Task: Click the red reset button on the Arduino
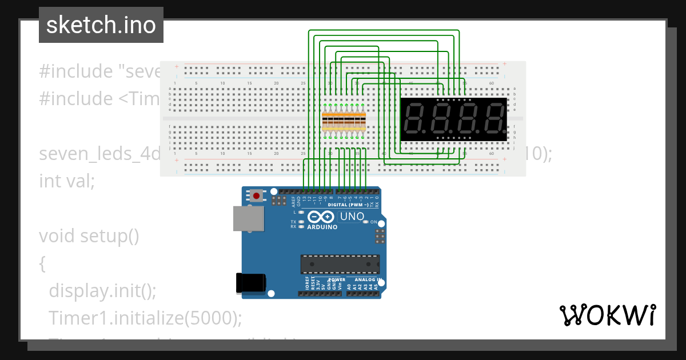pyautogui.click(x=256, y=196)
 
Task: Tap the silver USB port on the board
pyautogui.click(x=248, y=219)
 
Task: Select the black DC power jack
pyautogui.click(x=251, y=283)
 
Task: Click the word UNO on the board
pyautogui.click(x=352, y=217)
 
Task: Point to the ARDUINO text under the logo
pyautogui.click(x=322, y=227)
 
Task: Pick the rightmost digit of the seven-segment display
pyautogui.click(x=494, y=119)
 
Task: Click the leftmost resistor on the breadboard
pyautogui.click(x=325, y=122)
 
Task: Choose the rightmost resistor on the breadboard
pyautogui.click(x=362, y=122)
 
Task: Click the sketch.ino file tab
pyautogui.click(x=101, y=25)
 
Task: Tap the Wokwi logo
pyautogui.click(x=607, y=315)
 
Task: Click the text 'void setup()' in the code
pyautogui.click(x=89, y=235)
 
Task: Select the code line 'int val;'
pyautogui.click(x=66, y=181)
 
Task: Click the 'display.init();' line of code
pyautogui.click(x=102, y=291)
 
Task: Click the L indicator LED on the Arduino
pyautogui.click(x=301, y=212)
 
